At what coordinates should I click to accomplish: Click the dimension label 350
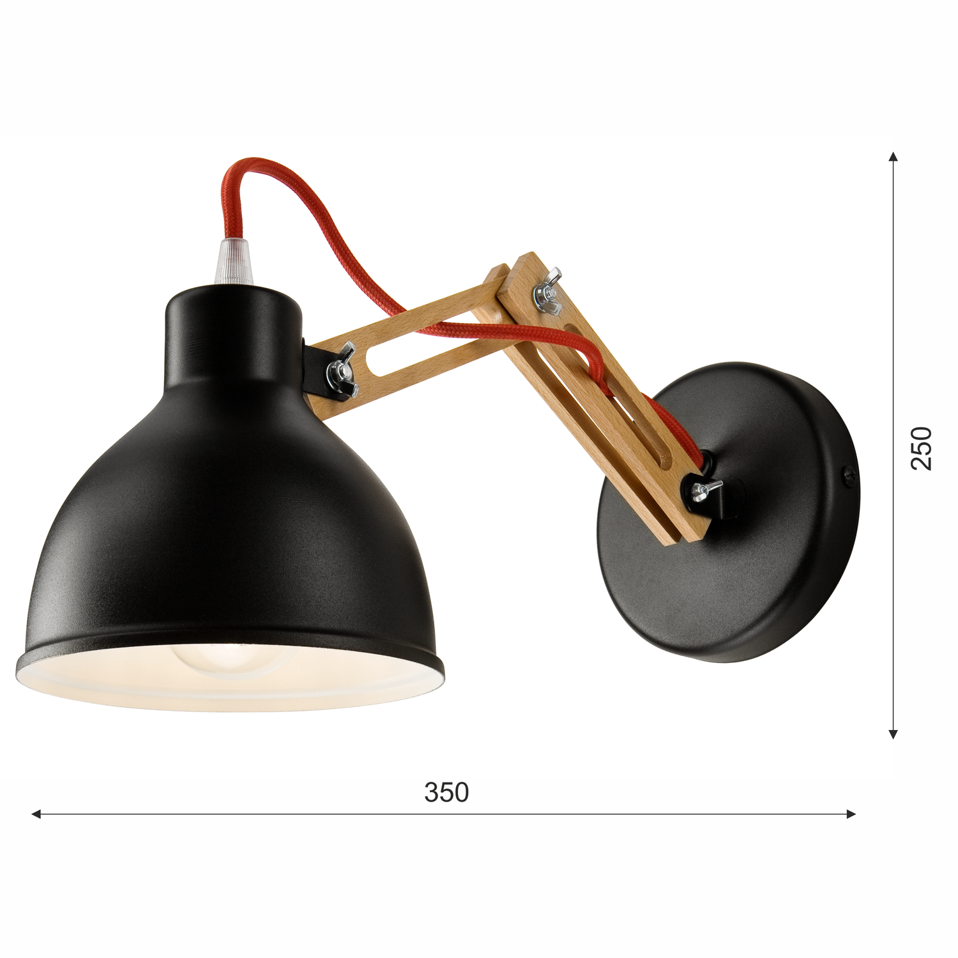446,793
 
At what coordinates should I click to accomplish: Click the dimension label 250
921,448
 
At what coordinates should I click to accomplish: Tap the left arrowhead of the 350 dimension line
36,814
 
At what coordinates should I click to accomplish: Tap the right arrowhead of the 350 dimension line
851,814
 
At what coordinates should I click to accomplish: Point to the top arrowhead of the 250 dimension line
894,156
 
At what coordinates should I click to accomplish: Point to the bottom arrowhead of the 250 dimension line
894,734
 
